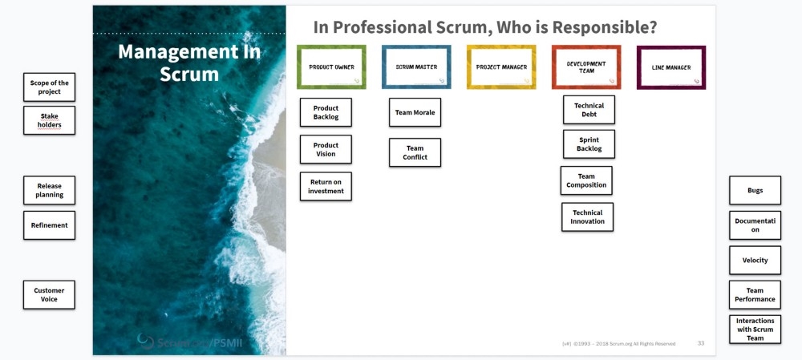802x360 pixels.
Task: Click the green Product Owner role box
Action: [331, 67]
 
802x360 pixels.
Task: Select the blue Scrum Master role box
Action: [416, 67]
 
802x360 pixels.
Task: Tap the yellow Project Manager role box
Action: [501, 67]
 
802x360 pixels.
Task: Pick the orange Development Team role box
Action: [586, 67]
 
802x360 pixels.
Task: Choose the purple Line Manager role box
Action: [671, 67]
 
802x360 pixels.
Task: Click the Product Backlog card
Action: [326, 112]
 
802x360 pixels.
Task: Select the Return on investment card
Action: [326, 186]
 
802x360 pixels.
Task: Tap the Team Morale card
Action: [415, 112]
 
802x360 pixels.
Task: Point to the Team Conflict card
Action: [415, 152]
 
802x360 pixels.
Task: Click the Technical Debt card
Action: [589, 109]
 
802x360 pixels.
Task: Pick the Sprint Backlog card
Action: [589, 144]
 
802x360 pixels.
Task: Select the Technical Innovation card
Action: [587, 216]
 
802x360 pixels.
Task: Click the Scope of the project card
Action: [49, 87]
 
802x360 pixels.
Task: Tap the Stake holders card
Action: [49, 120]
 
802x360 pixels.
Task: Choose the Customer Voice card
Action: [49, 294]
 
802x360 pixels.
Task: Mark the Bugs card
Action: [755, 190]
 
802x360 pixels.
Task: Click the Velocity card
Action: [755, 260]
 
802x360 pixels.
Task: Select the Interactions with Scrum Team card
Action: [755, 329]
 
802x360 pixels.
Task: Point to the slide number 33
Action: [700, 343]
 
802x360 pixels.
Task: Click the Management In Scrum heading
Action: [189, 63]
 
